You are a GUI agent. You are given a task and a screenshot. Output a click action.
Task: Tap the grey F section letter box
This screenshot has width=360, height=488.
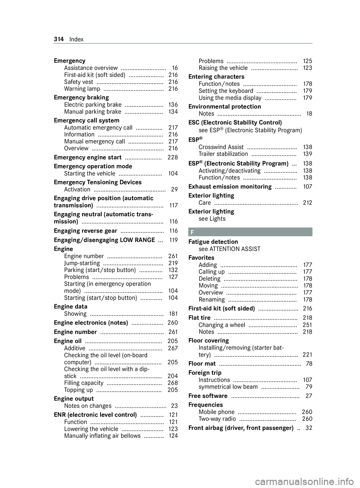click(x=250, y=232)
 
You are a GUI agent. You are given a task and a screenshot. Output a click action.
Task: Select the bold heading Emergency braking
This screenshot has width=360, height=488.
click(x=81, y=98)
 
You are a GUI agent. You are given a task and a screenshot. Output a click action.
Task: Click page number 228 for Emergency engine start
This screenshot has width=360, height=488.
click(x=172, y=157)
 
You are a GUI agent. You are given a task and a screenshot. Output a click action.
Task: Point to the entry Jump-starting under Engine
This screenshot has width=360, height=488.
click(x=82, y=263)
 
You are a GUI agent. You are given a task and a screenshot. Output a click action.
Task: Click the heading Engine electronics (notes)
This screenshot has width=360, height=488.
click(x=91, y=323)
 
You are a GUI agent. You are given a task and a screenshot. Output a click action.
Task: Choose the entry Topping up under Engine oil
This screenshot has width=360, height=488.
click(x=79, y=390)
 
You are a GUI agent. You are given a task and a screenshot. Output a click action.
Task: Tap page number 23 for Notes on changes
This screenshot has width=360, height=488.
click(x=174, y=406)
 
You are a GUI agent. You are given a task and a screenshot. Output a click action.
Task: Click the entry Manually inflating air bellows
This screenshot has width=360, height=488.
click(x=102, y=436)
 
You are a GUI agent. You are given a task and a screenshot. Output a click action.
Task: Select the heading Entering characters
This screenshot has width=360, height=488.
click(x=222, y=77)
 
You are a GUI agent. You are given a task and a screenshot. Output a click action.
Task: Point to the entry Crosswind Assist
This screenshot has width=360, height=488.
click(x=221, y=147)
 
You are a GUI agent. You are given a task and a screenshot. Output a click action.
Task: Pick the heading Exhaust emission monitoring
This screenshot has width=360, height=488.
click(x=230, y=187)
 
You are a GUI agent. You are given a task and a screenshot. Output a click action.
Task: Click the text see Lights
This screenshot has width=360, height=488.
click(x=212, y=219)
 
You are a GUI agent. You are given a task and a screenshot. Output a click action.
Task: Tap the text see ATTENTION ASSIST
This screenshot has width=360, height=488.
click(x=229, y=249)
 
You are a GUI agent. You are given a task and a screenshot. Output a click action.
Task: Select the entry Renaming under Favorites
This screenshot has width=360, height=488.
click(x=212, y=299)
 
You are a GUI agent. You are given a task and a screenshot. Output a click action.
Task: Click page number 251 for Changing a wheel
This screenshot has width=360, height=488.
click(x=307, y=325)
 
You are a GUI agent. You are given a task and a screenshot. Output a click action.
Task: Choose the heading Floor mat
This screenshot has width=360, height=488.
click(x=202, y=364)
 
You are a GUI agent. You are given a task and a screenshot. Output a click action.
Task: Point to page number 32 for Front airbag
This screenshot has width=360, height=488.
click(x=308, y=428)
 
